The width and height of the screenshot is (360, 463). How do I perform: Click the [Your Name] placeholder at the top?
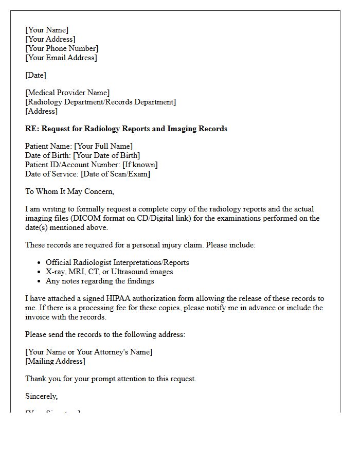47,30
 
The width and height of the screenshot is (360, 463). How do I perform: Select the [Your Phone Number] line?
62,48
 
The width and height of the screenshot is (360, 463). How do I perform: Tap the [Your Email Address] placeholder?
61,58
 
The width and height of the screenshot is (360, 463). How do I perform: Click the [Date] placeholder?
35,75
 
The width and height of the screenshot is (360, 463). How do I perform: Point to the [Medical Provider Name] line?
67,93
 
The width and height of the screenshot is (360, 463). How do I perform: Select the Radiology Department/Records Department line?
100,102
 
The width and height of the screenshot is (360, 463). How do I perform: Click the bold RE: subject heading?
126,129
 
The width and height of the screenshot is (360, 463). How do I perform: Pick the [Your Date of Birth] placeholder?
106,155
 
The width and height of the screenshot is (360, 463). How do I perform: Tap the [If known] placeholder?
140,165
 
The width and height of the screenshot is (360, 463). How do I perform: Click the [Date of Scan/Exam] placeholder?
116,174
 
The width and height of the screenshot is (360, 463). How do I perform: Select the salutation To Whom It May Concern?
69,191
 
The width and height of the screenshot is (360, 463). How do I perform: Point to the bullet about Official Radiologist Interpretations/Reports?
117,262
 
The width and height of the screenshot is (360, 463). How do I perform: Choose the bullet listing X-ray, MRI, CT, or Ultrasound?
109,272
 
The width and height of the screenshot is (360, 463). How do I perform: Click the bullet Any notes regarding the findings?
100,281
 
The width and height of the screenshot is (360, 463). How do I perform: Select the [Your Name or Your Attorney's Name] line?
89,352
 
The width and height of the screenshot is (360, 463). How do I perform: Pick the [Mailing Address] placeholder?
55,361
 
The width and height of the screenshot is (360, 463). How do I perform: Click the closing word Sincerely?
41,396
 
